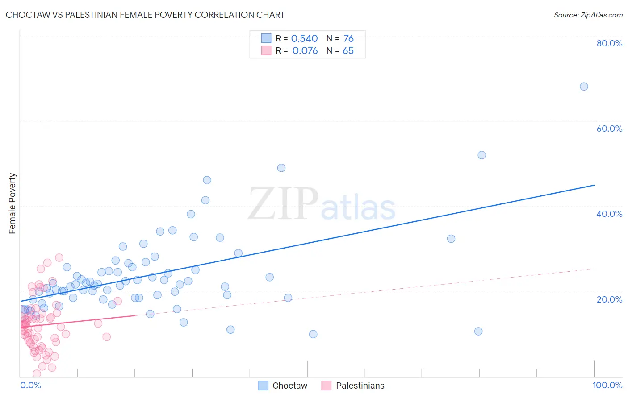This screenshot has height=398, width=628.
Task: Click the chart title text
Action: (145, 15)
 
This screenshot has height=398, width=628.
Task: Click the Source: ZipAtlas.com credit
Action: (588, 15)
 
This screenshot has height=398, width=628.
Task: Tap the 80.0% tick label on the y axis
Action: (609, 43)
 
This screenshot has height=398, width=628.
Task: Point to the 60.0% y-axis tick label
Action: (609, 129)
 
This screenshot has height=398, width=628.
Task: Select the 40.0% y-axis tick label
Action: (609, 214)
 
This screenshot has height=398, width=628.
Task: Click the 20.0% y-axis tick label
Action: (609, 299)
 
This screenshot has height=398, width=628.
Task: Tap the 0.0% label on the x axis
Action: (30, 385)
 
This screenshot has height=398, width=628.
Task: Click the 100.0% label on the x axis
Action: (607, 385)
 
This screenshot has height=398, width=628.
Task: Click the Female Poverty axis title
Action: (13, 203)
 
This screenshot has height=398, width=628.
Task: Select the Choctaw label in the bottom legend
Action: (290, 386)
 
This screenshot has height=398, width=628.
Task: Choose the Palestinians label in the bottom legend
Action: (360, 386)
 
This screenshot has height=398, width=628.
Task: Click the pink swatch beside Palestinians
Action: (327, 386)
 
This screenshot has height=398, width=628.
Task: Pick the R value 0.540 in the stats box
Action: (304, 39)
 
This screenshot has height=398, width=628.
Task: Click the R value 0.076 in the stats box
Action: (305, 51)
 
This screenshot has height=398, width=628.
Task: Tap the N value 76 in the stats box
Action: (348, 39)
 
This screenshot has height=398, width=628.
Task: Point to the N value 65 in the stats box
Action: (348, 51)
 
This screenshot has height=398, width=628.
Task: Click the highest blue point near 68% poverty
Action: (584, 87)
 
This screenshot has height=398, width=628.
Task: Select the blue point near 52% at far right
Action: (481, 155)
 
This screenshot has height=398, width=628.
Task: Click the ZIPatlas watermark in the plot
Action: (322, 204)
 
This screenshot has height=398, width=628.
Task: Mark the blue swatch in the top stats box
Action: (266, 38)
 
